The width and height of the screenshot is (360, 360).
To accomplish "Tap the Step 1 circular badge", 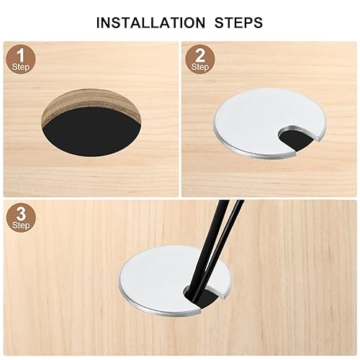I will pos(21,59).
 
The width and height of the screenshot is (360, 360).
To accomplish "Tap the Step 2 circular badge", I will pos(200,59).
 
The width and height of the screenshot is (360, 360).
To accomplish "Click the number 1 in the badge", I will pos(21,55).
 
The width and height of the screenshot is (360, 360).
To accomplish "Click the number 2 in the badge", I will pos(200,55).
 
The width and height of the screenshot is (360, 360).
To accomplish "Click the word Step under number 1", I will pos(21,67).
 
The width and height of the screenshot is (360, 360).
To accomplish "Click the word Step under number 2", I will pos(200,67).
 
